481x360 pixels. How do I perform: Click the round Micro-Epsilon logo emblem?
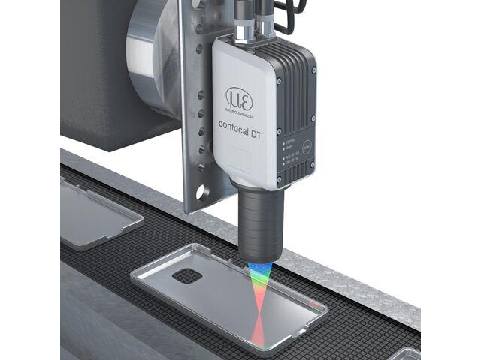tap(239, 98)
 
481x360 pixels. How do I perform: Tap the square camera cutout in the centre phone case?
tap(188, 275)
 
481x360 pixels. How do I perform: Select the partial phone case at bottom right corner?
tap(407, 352)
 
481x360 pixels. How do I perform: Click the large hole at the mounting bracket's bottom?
tap(201, 193)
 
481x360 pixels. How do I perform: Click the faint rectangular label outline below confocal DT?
tap(239, 159)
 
